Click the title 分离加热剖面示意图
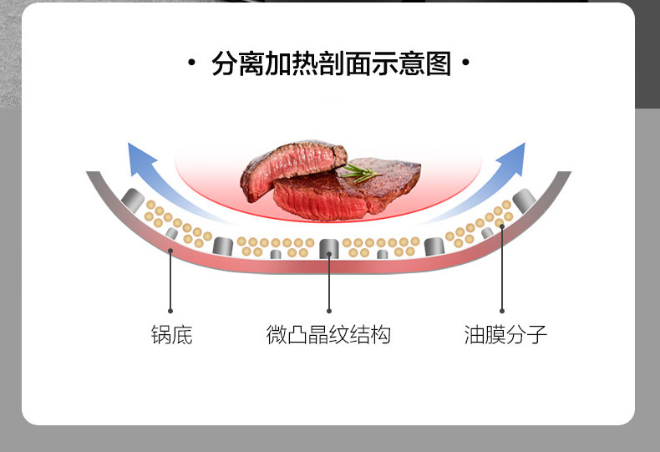point(331,64)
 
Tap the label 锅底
point(171,335)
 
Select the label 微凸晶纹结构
point(328,335)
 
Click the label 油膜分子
point(505,335)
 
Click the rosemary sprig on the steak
point(358,173)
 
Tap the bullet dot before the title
point(191,63)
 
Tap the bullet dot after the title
point(465,63)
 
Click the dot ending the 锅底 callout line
point(170,311)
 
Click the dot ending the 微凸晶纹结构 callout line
point(329,311)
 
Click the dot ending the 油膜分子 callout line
point(502,311)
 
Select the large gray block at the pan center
point(329,246)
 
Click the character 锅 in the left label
point(161,335)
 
